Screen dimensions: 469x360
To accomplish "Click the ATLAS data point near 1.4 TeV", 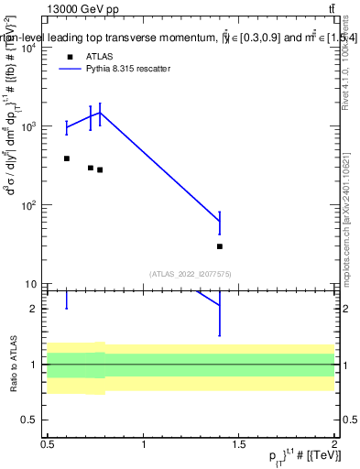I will click(x=220, y=246).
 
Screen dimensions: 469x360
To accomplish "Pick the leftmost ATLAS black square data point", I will click(x=66, y=158).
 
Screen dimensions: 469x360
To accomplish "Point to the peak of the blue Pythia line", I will click(x=100, y=113).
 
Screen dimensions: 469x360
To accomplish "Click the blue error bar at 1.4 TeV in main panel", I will click(x=220, y=223).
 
